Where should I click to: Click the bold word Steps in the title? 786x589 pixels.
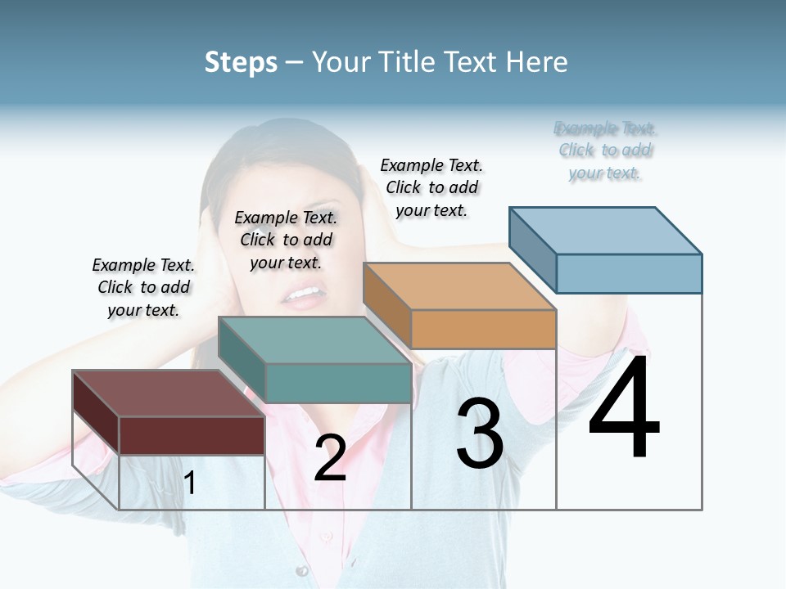coord(241,62)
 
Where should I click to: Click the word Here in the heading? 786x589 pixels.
coord(536,62)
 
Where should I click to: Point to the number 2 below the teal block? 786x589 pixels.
coord(330,458)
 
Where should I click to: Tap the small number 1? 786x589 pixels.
coord(190,483)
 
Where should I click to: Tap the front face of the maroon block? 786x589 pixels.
coord(192,435)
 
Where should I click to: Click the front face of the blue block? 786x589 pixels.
coord(629,273)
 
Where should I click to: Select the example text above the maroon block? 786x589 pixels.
coord(143,287)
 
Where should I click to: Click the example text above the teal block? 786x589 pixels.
coord(286,240)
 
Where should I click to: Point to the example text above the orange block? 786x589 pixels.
coord(431,187)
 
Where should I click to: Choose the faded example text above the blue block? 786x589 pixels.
coord(605,151)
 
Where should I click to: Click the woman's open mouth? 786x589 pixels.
coord(304,293)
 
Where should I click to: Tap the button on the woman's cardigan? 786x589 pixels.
coord(302,570)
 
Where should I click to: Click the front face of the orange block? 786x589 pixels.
coord(483,329)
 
